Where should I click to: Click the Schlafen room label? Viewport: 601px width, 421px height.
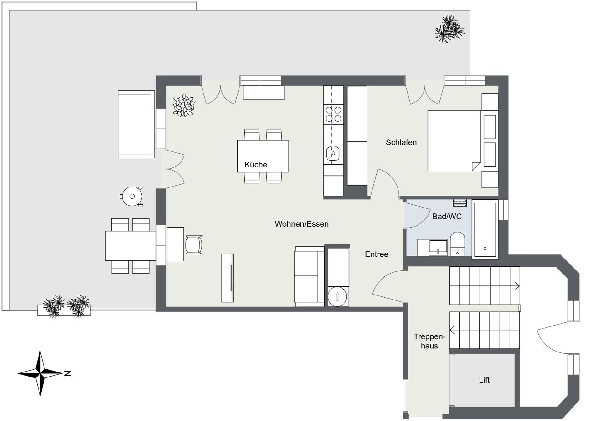(x=401, y=142)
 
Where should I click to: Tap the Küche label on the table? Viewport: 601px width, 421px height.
(x=256, y=165)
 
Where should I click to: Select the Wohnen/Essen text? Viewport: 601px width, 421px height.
(x=301, y=224)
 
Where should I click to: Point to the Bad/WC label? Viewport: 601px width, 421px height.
(x=447, y=217)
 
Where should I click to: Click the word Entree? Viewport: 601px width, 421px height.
(x=377, y=254)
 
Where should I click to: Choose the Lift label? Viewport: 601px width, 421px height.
(x=484, y=380)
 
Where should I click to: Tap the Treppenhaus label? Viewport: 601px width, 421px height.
(x=429, y=341)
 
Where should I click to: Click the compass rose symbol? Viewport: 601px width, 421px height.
(x=40, y=373)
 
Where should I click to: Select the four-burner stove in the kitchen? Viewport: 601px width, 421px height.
(x=333, y=114)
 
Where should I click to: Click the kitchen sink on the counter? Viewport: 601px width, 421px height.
(x=333, y=153)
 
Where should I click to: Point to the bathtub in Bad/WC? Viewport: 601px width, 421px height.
(x=485, y=229)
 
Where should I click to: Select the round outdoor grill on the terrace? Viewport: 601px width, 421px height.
(x=132, y=196)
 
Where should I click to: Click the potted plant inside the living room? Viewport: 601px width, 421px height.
(x=184, y=105)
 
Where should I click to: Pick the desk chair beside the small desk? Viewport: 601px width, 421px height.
(x=194, y=245)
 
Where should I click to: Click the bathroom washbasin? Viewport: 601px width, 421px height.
(x=438, y=248)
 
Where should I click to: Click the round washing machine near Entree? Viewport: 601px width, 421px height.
(x=337, y=296)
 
